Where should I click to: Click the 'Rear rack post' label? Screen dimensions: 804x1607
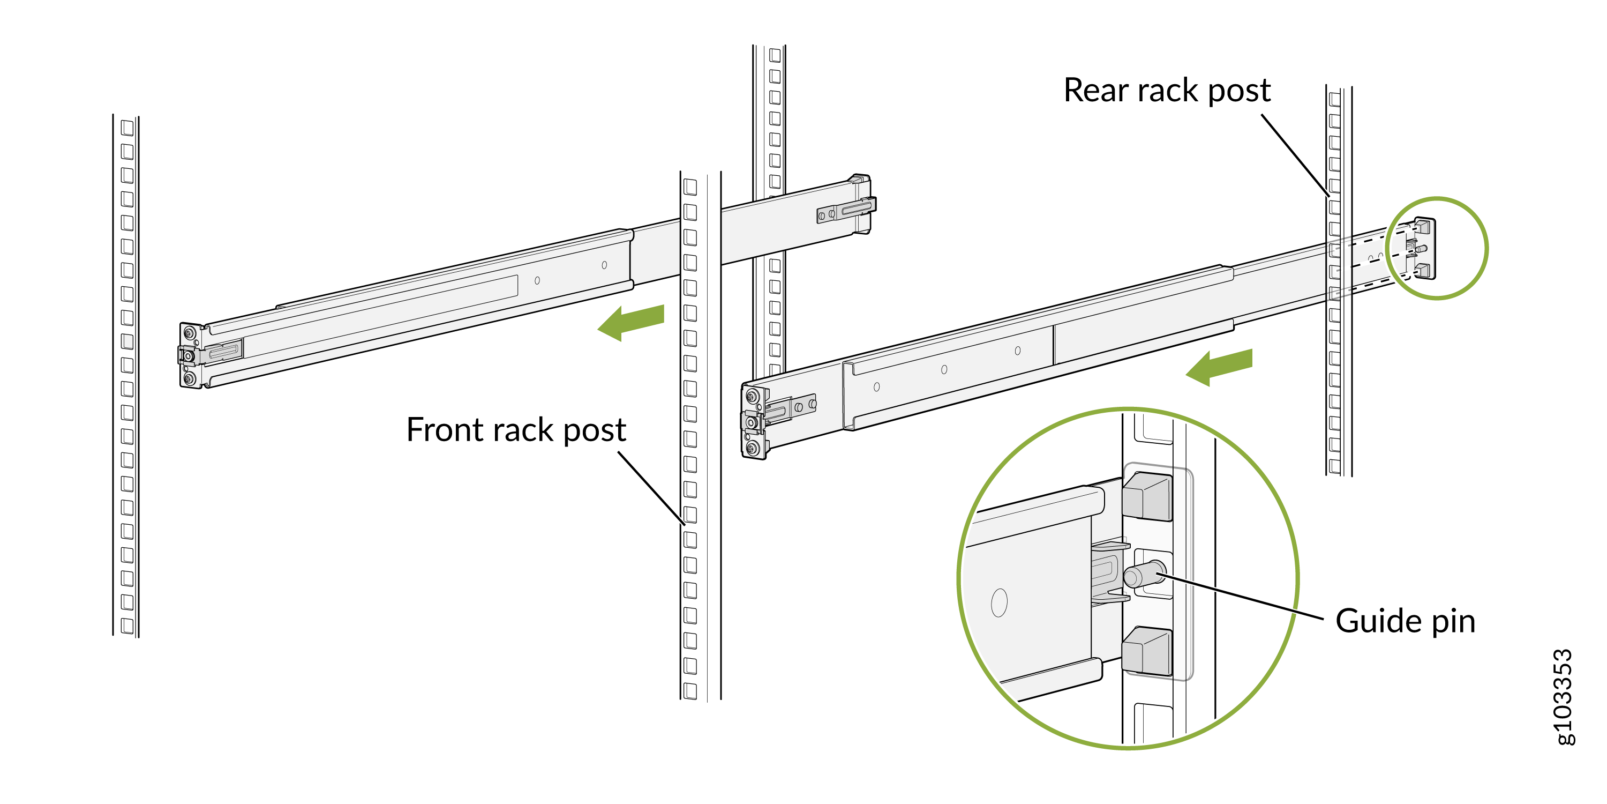coord(1167,91)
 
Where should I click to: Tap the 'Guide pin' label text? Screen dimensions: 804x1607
coord(1405,622)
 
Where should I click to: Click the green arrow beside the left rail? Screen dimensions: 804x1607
coord(632,322)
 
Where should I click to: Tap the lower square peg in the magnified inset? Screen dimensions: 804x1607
coord(1147,651)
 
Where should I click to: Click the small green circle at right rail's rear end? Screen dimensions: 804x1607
coord(1437,249)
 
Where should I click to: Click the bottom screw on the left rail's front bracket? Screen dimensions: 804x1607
coord(190,378)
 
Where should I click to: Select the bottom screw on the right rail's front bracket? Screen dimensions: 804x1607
coord(753,447)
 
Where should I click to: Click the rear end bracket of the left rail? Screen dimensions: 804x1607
coord(861,204)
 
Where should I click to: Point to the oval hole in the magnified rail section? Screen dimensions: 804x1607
coord(999,602)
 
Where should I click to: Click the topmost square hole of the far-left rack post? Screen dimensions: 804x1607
coord(127,128)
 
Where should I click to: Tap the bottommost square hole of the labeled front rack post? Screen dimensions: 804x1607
coord(690,690)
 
